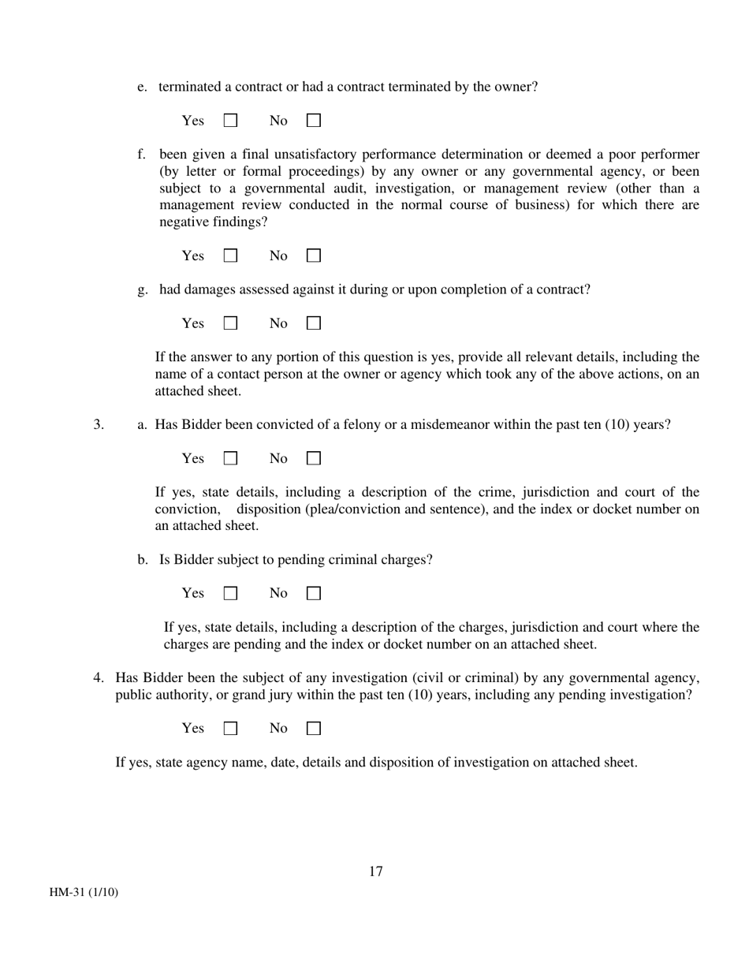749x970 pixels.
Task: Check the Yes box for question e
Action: point(231,121)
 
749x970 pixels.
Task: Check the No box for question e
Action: point(314,121)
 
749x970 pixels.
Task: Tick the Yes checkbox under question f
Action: point(231,256)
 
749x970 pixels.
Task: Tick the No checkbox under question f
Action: point(314,256)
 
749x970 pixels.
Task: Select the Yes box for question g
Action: point(231,323)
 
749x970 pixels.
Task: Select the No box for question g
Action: point(314,323)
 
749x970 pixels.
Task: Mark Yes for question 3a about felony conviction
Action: point(231,458)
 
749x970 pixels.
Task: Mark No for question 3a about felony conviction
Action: point(314,458)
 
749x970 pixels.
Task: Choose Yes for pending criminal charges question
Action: point(231,593)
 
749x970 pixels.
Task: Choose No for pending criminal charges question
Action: point(314,593)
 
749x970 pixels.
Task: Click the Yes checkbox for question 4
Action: point(231,729)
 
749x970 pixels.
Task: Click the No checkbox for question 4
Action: point(314,729)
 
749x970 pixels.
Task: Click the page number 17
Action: point(375,871)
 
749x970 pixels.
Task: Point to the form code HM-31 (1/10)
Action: point(84,893)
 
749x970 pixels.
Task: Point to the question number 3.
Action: point(99,425)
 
